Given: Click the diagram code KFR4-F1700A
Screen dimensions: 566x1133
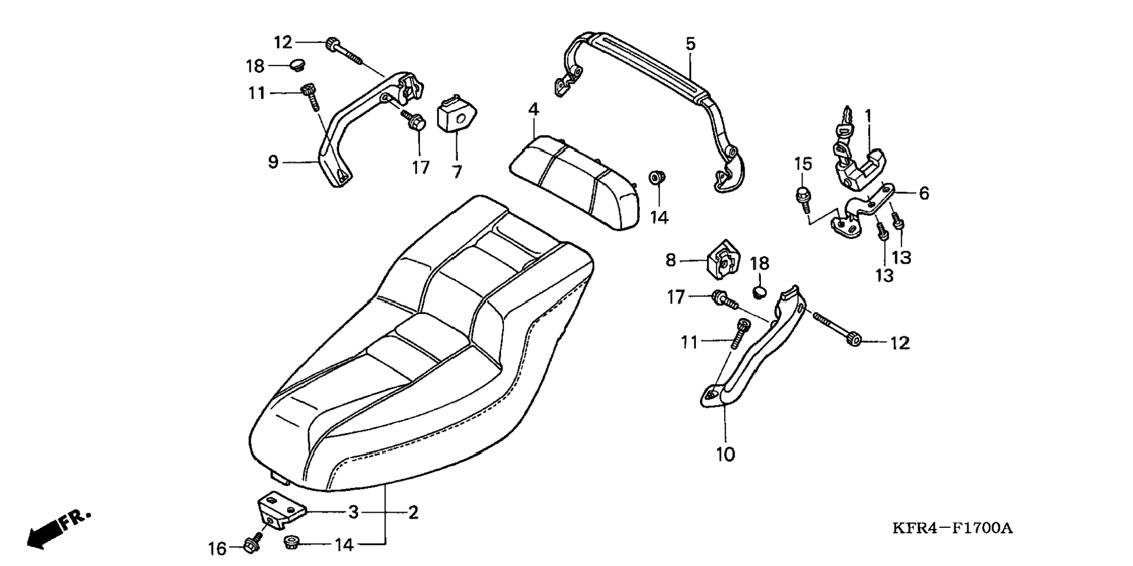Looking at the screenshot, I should click(952, 528).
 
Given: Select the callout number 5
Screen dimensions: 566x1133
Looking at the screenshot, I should click(690, 43).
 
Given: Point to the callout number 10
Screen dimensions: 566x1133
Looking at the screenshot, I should click(725, 454).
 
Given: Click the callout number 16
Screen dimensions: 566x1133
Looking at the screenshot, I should click(217, 548).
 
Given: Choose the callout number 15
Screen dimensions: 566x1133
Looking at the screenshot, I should click(803, 164).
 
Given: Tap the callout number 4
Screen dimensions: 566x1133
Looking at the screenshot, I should click(533, 109).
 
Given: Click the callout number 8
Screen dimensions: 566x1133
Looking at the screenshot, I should click(671, 260).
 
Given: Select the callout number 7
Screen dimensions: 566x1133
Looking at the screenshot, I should click(457, 171).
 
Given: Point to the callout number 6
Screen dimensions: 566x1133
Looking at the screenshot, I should click(924, 193).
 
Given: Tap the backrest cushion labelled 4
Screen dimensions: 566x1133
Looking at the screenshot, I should click(574, 182).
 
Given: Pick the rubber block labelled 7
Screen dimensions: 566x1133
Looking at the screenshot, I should click(457, 122).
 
